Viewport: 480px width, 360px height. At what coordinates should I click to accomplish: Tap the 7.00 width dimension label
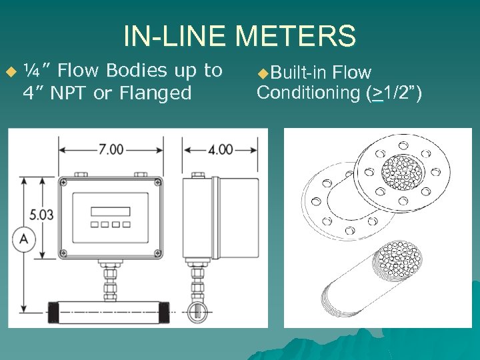(111, 149)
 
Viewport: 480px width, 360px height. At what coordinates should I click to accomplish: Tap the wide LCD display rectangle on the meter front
(111, 211)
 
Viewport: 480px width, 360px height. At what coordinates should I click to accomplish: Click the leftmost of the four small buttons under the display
(95, 225)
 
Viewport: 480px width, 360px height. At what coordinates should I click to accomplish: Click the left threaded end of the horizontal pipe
(54, 311)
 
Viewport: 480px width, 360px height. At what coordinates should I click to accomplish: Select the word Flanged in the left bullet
(151, 93)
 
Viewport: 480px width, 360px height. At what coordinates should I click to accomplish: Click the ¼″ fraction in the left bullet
(32, 71)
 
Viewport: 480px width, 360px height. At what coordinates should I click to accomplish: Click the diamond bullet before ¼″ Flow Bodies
(9, 71)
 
